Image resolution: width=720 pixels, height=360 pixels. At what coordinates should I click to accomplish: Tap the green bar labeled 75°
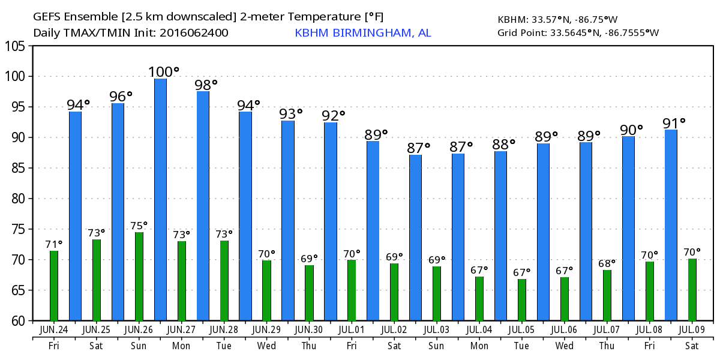(139, 276)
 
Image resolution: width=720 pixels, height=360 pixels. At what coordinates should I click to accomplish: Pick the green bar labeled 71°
(54, 286)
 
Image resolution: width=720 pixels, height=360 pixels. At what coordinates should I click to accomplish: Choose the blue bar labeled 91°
(671, 225)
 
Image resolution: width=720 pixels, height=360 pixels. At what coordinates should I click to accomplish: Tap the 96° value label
(121, 96)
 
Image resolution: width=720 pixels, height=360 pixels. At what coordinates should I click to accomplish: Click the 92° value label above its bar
(334, 115)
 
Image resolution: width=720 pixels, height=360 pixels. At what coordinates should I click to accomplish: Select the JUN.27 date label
(181, 330)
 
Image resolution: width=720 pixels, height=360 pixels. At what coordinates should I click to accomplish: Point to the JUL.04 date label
(479, 330)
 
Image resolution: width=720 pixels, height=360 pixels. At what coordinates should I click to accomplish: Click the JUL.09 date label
(692, 330)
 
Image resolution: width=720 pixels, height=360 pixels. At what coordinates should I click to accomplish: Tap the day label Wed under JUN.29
(266, 346)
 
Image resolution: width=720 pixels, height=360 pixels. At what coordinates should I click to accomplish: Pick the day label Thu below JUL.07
(607, 346)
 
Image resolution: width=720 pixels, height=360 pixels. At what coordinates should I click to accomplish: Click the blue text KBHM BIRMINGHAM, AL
(362, 33)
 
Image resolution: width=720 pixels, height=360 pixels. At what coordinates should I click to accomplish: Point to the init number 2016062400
(193, 33)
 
